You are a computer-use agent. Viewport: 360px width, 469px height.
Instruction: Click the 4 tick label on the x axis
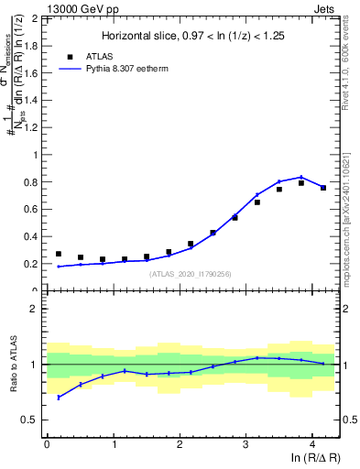[311, 444]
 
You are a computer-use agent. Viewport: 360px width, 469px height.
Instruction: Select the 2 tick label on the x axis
[179, 444]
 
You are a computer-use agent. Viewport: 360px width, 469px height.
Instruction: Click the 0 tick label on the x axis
[46, 444]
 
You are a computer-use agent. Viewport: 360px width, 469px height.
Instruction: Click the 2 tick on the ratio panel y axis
[34, 309]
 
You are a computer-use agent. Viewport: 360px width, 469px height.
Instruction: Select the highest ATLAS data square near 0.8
[301, 183]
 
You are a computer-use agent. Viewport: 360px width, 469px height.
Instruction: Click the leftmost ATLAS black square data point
[59, 254]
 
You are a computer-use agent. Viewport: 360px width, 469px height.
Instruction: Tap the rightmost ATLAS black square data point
[323, 188]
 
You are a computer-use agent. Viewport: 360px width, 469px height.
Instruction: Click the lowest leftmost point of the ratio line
[59, 398]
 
